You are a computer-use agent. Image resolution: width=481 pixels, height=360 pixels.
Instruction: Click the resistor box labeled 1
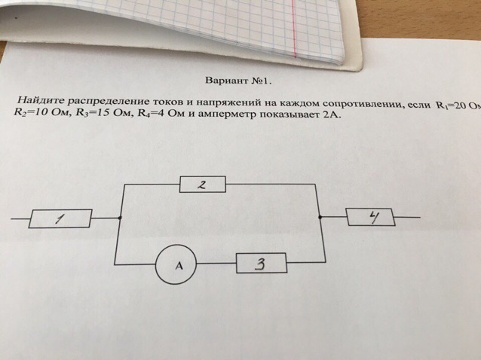61,218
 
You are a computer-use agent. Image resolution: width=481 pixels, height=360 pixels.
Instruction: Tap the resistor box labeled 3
261,264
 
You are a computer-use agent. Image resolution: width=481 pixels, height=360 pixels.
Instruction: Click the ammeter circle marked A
176,264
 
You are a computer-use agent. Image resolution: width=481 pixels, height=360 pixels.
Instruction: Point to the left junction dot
121,218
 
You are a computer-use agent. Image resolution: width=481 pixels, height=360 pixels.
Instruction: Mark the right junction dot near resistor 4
320,217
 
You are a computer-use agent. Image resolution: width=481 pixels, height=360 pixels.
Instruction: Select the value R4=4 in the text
148,115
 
